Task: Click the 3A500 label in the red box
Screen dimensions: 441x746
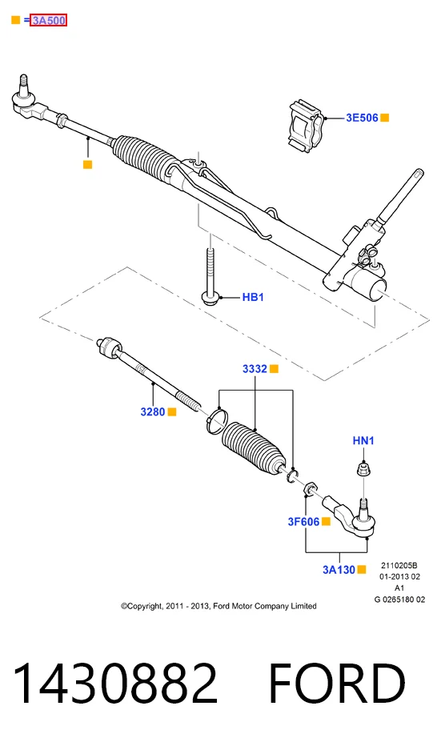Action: tap(48, 20)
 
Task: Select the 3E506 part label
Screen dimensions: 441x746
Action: tap(362, 118)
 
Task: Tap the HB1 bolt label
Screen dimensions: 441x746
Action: tap(253, 297)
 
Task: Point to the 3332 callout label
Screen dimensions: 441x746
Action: tap(255, 369)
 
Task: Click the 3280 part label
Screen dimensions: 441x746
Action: tap(152, 411)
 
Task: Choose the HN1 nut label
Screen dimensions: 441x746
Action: tap(363, 440)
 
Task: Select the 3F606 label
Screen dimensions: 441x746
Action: tap(303, 521)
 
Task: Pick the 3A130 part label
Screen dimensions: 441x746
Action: tap(339, 569)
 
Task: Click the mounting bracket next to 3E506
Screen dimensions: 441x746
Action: tap(307, 126)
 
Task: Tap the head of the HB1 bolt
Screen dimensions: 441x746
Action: tap(210, 298)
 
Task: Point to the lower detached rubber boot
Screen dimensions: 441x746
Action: tap(255, 447)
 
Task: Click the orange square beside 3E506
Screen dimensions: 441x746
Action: tap(384, 118)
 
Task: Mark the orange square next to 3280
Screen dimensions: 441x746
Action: tap(172, 411)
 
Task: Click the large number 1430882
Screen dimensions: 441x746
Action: tap(115, 684)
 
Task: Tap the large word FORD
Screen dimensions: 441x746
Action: tap(337, 684)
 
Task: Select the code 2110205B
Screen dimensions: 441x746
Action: tap(399, 565)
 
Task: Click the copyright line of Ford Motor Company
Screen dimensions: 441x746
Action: tap(218, 606)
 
